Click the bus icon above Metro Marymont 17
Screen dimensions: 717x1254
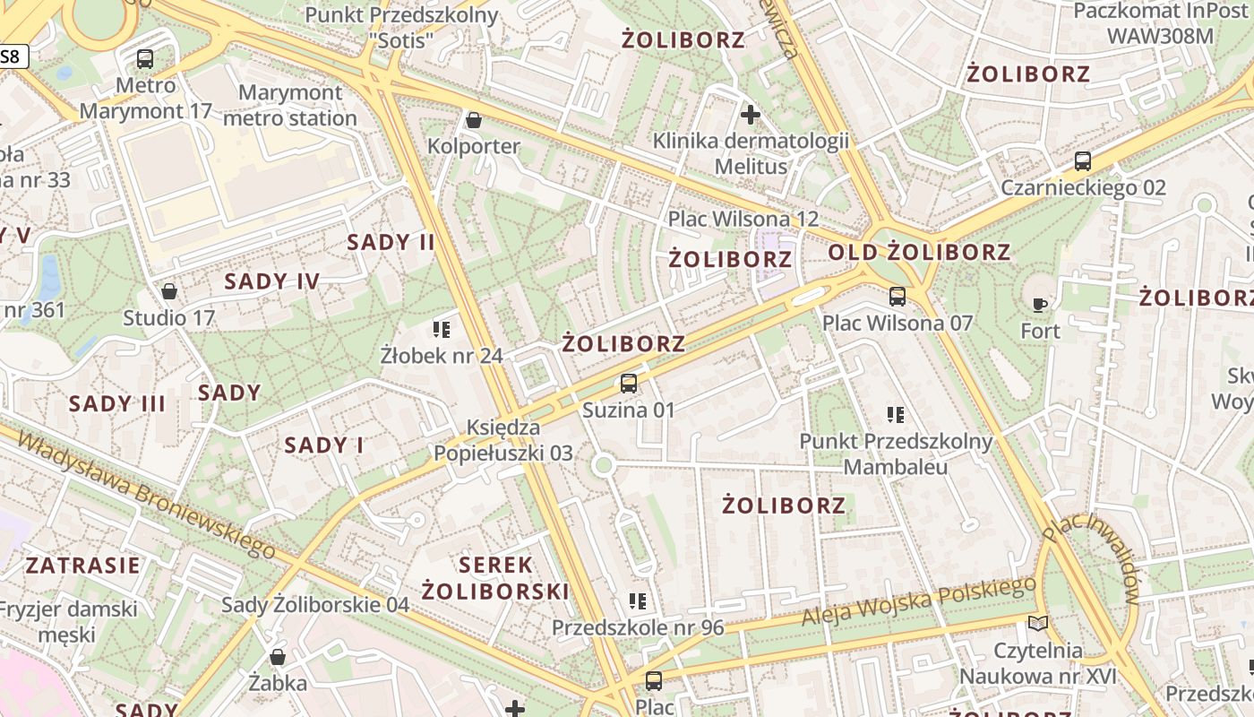144,60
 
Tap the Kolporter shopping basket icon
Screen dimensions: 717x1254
474,120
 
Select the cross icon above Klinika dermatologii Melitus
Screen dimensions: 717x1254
751,115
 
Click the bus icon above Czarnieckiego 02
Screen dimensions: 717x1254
1082,161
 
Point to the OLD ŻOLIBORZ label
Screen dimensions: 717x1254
919,253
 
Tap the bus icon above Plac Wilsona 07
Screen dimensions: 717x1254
897,297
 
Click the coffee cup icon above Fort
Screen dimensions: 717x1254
1040,305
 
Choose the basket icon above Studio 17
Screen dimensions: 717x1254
168,291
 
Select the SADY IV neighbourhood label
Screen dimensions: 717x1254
271,281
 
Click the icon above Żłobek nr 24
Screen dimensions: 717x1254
441,330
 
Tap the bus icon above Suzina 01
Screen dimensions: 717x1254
628,384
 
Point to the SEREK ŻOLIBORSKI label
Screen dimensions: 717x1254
495,578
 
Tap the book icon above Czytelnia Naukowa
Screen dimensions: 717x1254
1037,623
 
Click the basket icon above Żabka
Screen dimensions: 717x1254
278,657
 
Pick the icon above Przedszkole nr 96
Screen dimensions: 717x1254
637,600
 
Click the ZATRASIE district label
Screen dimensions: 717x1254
82,566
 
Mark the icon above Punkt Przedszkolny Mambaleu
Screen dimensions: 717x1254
895,414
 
